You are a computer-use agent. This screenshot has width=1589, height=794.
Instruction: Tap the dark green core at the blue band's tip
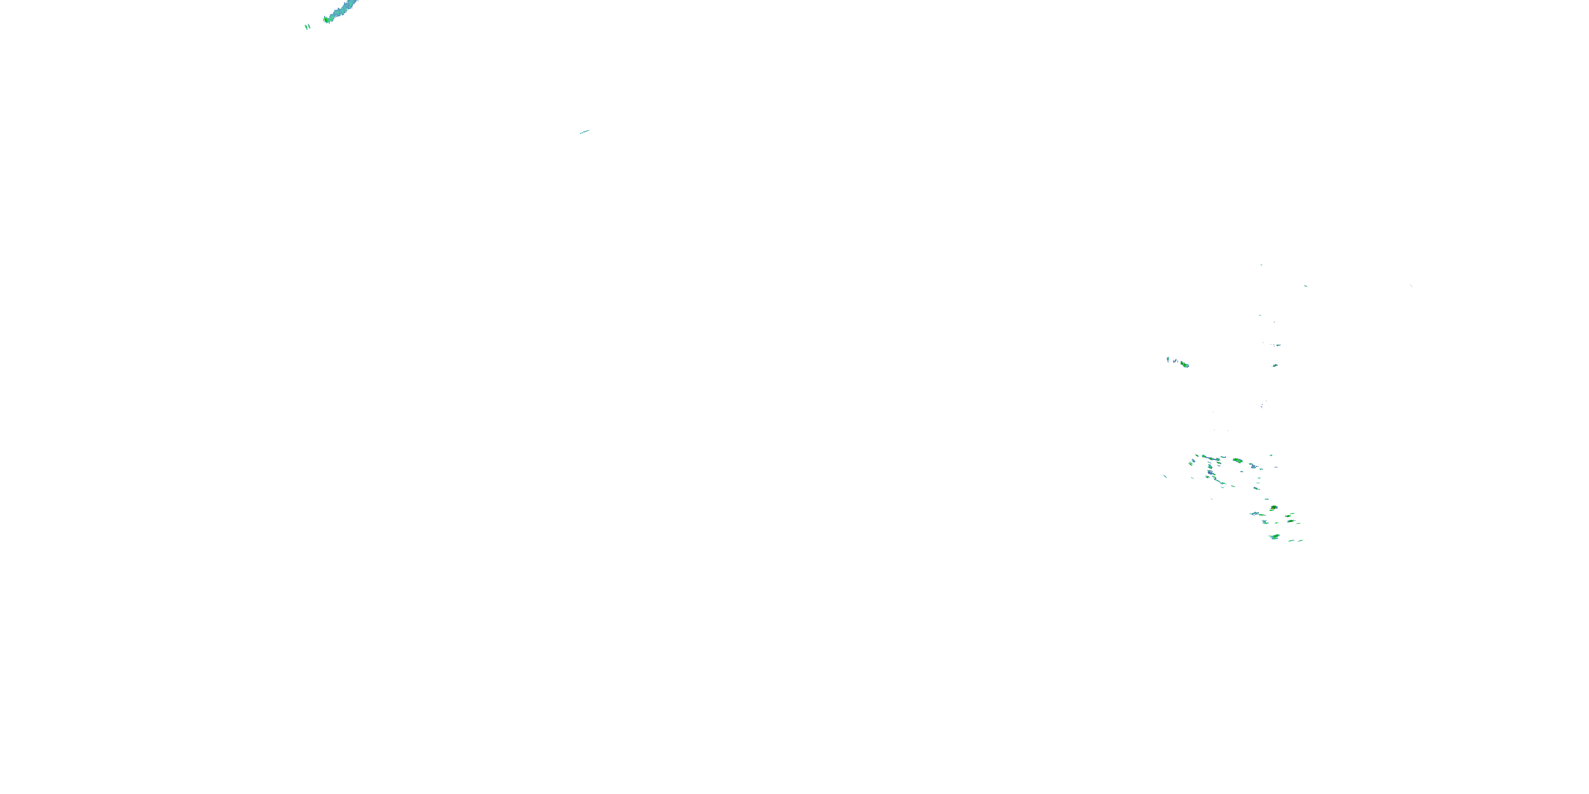point(326,20)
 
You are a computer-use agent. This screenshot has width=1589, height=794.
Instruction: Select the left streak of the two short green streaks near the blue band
point(306,27)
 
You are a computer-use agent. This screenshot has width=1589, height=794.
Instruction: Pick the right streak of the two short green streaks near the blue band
point(309,26)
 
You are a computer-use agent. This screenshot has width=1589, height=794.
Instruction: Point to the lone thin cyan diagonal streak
point(584,131)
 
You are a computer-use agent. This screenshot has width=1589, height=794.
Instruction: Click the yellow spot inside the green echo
point(1273,508)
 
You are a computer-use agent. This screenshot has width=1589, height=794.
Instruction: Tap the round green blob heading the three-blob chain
point(1203,456)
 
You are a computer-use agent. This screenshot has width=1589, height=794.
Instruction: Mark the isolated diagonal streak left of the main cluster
point(1165,476)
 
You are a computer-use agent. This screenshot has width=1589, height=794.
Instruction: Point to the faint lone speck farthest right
point(1411,285)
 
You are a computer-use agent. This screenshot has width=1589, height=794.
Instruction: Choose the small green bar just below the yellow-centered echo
point(1272,510)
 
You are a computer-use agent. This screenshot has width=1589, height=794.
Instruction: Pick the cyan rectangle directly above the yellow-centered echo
point(1267,499)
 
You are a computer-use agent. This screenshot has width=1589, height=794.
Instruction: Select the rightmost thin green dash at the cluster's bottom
point(1301,540)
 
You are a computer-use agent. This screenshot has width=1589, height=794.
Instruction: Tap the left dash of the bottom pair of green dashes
point(1291,540)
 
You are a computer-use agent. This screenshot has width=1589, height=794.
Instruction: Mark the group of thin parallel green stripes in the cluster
point(1191,464)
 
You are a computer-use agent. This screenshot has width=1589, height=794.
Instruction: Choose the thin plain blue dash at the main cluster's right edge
point(1276,467)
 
